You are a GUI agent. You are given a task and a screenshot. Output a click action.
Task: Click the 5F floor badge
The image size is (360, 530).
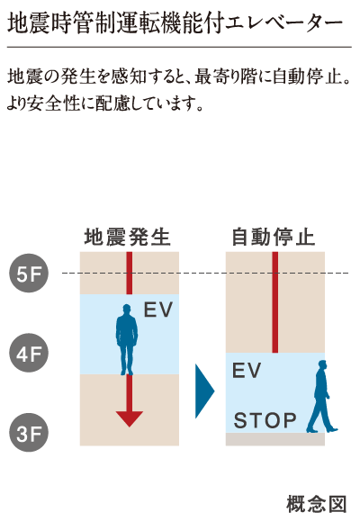pos(29,274)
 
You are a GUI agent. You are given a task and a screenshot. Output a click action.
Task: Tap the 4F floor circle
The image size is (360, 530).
pos(29,353)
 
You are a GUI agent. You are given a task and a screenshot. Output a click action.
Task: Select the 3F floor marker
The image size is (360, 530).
pos(29,433)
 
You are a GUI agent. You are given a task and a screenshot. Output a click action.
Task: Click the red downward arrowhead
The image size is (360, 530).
pos(130,418)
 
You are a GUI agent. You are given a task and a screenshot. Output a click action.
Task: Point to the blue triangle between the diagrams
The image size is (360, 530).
pos(204,391)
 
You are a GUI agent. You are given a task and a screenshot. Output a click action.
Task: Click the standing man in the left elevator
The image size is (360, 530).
pos(127,339)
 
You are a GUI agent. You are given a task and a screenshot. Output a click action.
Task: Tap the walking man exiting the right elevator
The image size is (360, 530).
pos(321,397)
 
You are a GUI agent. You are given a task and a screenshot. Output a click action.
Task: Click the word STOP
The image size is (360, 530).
pos(265,420)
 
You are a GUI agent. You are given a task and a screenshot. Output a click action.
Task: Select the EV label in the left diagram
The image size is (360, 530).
pos(158,310)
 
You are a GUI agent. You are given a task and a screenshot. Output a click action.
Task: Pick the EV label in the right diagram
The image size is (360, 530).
pos(247,370)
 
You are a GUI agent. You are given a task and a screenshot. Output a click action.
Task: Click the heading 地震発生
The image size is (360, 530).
pos(128,237)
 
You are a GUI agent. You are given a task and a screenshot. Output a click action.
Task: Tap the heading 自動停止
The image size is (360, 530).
pos(273,237)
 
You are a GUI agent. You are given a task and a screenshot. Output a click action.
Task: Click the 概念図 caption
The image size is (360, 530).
pos(317,505)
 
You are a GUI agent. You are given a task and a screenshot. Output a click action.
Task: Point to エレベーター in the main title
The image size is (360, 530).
pos(283,23)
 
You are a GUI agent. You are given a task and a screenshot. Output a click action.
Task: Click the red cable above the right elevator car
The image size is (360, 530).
pos(275,302)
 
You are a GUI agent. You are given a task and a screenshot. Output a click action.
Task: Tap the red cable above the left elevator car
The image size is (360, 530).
pos(130,274)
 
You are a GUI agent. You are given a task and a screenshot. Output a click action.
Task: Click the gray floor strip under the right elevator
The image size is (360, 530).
pos(275,439)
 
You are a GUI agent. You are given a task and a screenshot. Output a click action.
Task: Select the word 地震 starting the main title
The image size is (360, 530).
pos(29,23)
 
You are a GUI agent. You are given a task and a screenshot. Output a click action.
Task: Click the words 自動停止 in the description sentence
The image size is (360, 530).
pos(306,76)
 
